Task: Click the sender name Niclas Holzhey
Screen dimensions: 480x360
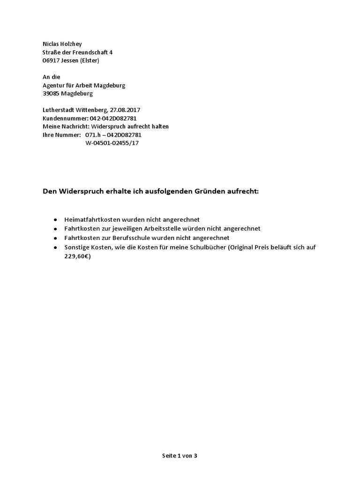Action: click(62, 44)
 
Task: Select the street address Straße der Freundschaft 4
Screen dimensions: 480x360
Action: click(77, 52)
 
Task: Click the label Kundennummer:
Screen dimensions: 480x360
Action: click(62, 118)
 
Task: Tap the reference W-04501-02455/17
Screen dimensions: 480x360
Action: click(112, 143)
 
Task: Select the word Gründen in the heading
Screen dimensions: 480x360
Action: click(207, 191)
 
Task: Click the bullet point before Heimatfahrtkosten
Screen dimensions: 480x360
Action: click(55, 219)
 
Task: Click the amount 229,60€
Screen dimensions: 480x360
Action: click(77, 256)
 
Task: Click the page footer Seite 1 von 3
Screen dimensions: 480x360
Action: click(180, 456)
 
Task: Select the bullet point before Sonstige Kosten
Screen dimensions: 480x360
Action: click(55, 247)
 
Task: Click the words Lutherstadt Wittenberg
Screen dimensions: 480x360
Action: click(74, 110)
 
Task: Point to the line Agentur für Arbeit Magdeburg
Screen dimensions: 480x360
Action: click(84, 85)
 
